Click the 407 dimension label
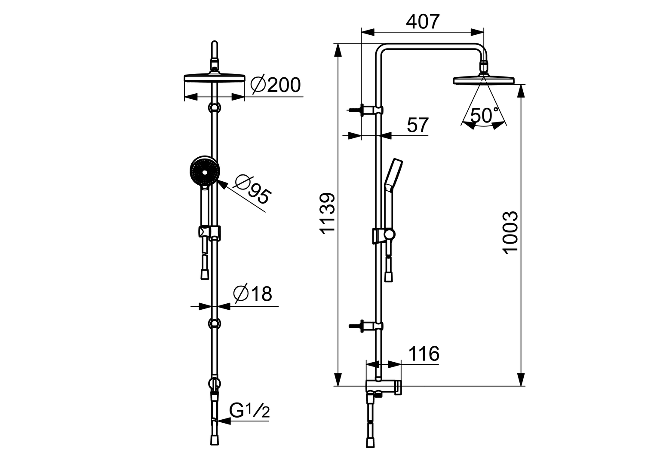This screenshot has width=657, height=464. [x=423, y=21]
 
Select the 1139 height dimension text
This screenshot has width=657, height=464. [x=328, y=213]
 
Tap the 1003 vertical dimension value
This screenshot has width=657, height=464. [x=510, y=232]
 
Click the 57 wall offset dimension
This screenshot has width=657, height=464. [x=418, y=125]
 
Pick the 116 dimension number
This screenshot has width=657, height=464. [x=423, y=354]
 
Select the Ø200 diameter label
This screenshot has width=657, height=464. [x=276, y=85]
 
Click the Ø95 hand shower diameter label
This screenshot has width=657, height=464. [x=252, y=189]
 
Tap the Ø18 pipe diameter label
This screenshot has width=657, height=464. [x=253, y=294]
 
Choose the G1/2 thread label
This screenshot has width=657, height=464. [x=249, y=411]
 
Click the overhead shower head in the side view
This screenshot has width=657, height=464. [x=484, y=80]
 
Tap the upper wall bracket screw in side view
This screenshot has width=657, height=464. [x=355, y=110]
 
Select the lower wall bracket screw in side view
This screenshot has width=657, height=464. [x=355, y=326]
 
